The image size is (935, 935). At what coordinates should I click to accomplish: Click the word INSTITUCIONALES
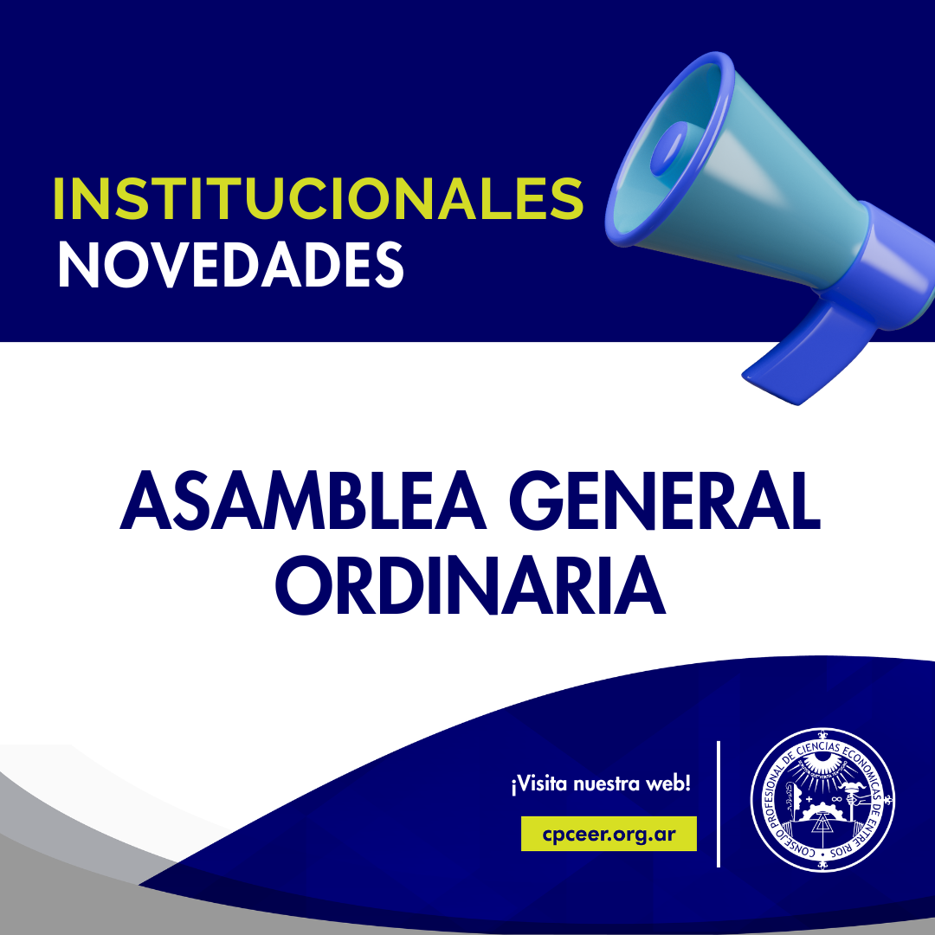point(318,198)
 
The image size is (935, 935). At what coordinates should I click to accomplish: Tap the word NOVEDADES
point(231,266)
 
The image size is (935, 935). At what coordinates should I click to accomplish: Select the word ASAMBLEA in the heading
point(303,500)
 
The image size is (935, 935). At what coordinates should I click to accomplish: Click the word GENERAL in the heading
point(665,500)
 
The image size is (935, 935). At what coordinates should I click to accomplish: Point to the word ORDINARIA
point(470,585)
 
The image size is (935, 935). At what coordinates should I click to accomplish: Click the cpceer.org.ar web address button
point(609,834)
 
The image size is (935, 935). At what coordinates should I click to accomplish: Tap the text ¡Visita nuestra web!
point(601,783)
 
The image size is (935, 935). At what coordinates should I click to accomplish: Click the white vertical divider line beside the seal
point(719,803)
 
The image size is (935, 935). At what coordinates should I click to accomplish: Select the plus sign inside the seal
point(809,799)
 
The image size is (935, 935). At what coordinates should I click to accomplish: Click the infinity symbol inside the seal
point(835,798)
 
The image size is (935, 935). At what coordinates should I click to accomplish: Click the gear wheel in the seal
point(823,811)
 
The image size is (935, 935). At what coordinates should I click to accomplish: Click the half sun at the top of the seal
point(823,760)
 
